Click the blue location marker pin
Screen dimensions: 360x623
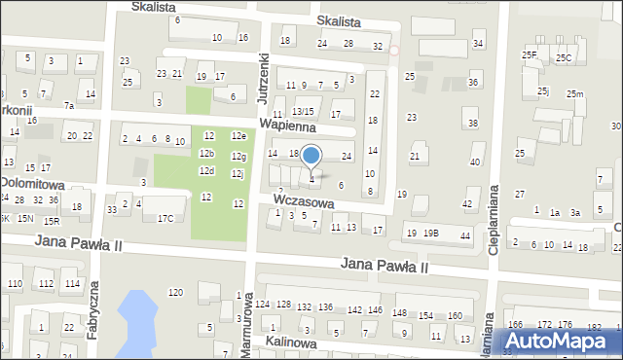tap(311, 158)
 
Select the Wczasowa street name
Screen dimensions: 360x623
tap(304, 200)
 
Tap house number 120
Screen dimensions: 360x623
tap(175, 292)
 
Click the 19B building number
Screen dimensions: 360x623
tap(430, 234)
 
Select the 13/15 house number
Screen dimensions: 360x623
tap(304, 113)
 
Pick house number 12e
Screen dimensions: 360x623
tap(238, 136)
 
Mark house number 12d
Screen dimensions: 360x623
tap(206, 171)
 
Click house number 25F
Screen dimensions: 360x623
tap(530, 55)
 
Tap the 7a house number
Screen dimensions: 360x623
tap(69, 105)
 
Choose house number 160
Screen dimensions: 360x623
tap(454, 315)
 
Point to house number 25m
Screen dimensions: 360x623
tap(575, 93)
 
